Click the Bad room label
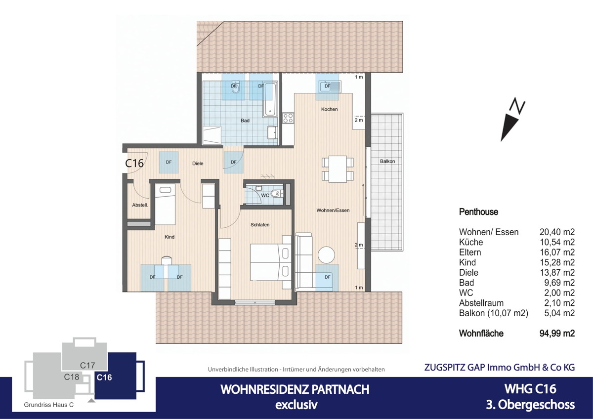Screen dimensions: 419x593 coord(245,121)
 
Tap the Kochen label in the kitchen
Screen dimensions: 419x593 coord(329,109)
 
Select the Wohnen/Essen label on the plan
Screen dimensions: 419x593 coord(333,210)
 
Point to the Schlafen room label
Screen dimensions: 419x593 coord(260,225)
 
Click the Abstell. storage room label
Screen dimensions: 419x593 coord(140,205)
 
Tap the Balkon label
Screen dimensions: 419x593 coord(387,162)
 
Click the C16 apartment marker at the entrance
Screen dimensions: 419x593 coord(134,164)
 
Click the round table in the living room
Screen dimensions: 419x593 coord(327,255)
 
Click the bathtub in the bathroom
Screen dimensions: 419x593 coord(270,99)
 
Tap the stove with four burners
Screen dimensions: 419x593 coord(288,118)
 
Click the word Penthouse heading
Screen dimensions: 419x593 coord(478,212)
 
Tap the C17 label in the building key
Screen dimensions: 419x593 coord(87,365)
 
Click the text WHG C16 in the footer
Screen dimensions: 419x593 coord(530,389)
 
